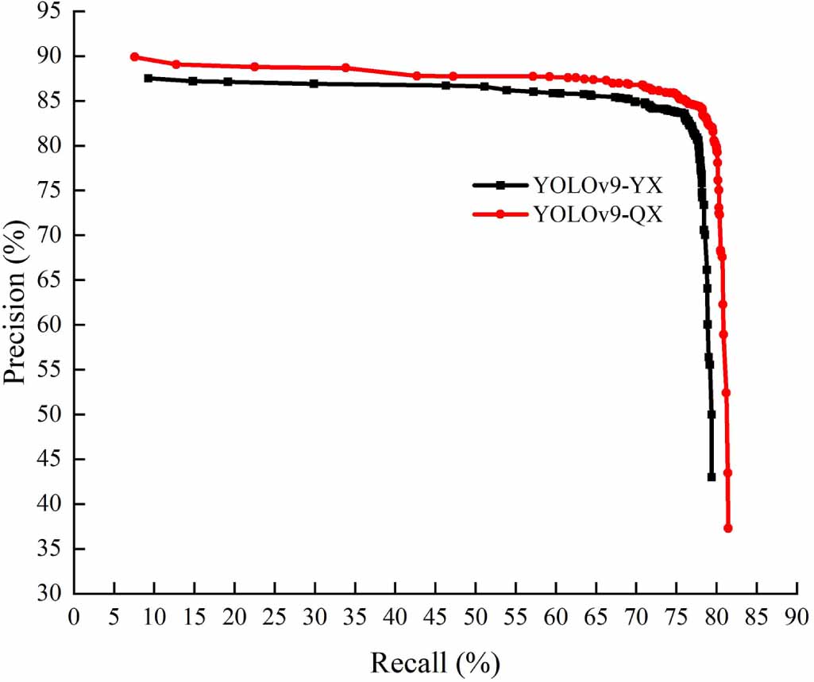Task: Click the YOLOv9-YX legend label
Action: point(597,186)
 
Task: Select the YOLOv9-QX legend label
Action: point(597,214)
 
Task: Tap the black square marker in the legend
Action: point(500,186)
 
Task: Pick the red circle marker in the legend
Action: point(500,214)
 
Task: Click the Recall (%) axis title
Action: point(435,661)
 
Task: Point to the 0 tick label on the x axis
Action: point(75,617)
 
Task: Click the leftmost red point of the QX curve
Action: point(134,57)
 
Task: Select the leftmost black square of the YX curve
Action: point(149,79)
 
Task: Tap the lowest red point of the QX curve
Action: point(727,528)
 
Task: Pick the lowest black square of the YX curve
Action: point(712,477)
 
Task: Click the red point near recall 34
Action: point(345,67)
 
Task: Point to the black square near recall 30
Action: point(314,83)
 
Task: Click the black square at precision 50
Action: point(712,414)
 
